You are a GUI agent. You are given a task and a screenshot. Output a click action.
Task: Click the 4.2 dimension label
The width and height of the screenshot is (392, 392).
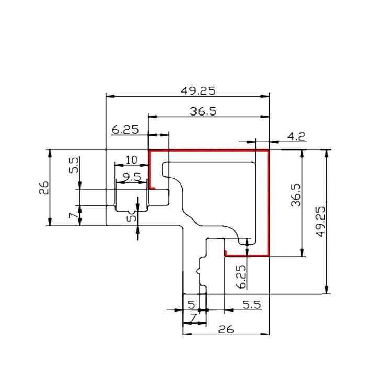click(296, 137)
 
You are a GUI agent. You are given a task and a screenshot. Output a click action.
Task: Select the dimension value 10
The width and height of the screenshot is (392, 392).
click(131, 159)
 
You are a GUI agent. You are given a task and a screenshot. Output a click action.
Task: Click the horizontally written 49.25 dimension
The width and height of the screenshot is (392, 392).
click(198, 90)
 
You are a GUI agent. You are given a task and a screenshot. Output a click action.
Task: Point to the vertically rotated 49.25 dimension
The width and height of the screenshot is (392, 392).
click(321, 222)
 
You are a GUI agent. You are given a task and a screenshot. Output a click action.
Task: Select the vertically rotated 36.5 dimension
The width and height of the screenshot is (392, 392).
click(296, 194)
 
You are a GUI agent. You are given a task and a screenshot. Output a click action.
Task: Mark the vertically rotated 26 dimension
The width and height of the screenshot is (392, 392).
click(44, 187)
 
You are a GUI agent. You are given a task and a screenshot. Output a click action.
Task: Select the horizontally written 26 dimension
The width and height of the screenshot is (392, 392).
click(225, 330)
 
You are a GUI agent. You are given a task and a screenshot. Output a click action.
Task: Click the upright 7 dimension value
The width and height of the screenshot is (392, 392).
click(193, 317)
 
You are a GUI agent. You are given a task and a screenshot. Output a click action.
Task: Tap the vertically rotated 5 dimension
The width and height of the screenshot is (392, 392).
click(132, 215)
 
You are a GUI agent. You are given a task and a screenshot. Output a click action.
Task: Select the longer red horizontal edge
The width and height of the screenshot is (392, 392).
click(209, 151)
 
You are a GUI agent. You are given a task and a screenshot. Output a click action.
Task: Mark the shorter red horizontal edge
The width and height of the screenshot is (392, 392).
click(247, 256)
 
